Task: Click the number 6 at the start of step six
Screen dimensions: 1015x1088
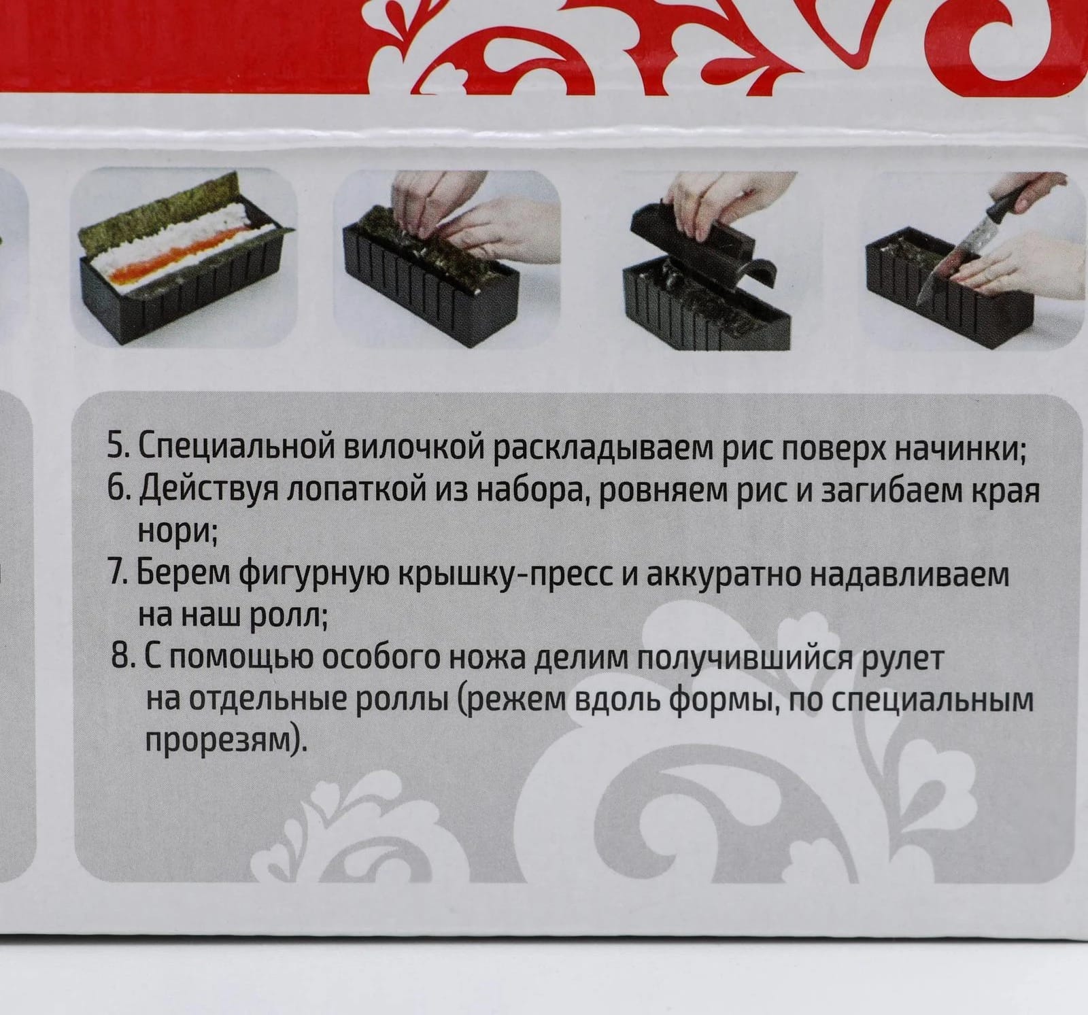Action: (x=114, y=490)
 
